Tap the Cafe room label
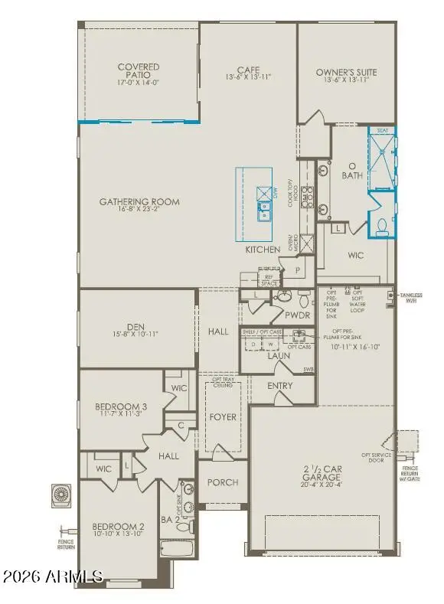click(247, 67)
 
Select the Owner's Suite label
click(346, 73)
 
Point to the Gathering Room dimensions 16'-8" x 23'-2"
click(139, 212)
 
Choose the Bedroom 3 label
click(119, 406)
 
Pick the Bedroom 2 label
click(118, 527)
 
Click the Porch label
click(222, 482)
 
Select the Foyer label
click(223, 417)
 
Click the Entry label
click(280, 385)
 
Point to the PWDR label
click(296, 314)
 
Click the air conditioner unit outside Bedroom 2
click(61, 495)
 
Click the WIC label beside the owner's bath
click(355, 256)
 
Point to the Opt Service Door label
click(377, 457)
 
